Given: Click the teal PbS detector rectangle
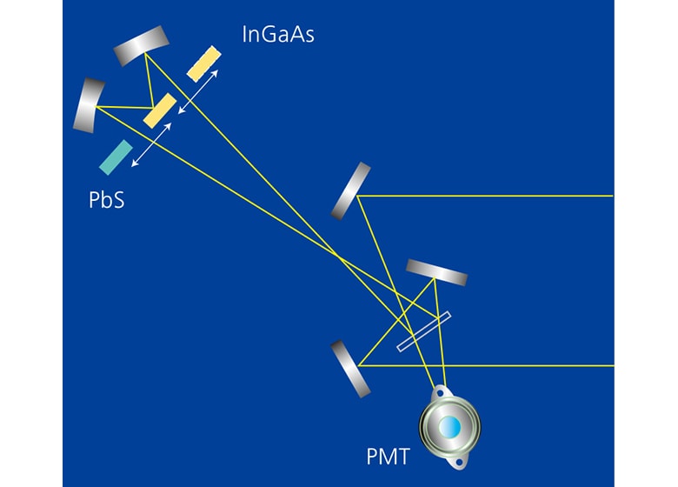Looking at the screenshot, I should [116, 157].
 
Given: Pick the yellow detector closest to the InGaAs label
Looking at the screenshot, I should [203, 63].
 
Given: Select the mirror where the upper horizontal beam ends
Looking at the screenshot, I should [351, 190].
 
